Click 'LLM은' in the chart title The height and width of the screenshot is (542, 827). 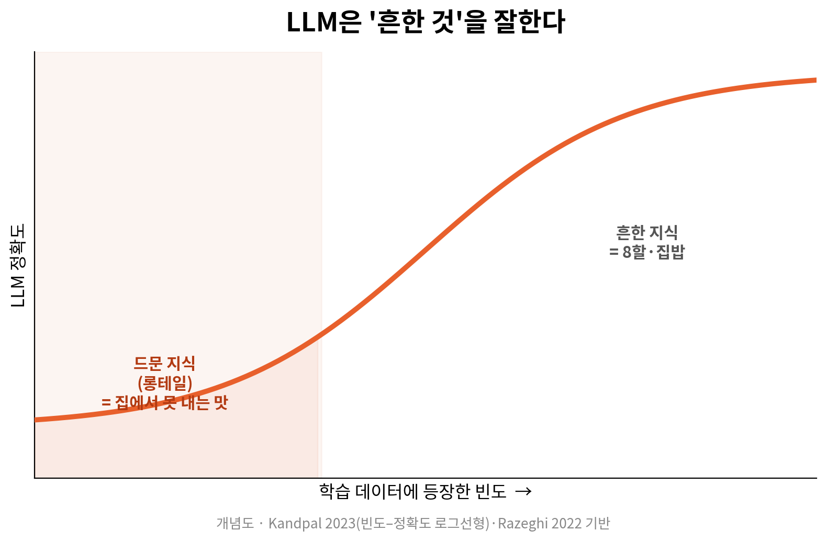tap(323, 22)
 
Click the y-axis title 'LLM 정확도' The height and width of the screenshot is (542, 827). tap(18, 265)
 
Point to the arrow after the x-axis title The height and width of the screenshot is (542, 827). tap(523, 491)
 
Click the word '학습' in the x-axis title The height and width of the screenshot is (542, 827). tap(334, 491)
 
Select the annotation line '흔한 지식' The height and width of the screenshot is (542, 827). tap(647, 233)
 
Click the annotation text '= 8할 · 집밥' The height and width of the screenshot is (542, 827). tap(647, 252)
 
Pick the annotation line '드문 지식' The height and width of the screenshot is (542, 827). tap(164, 364)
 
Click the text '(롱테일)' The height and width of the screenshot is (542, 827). tap(165, 383)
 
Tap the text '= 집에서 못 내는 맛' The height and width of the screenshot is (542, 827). tap(165, 402)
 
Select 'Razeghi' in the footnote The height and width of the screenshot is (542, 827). tap(523, 524)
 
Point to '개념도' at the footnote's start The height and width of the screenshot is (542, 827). tap(235, 524)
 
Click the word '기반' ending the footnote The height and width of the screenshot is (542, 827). tap(598, 524)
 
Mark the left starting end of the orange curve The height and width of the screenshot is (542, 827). tap(35, 420)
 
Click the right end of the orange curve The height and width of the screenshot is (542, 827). tap(816, 80)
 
